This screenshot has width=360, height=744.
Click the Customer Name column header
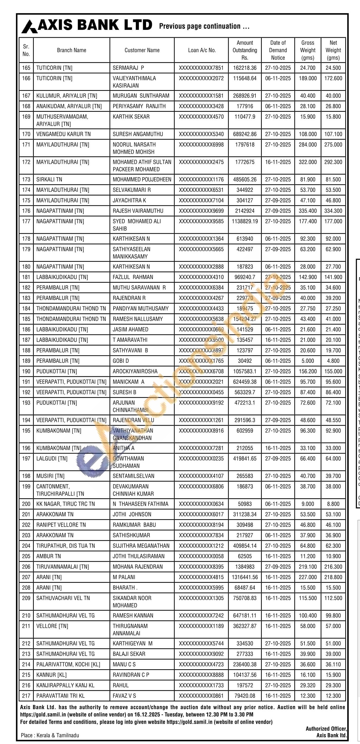coord(142,50)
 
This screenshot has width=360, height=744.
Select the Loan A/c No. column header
coord(202,50)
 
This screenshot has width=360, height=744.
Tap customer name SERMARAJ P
coord(128,68)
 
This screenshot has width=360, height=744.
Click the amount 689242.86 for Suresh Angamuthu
coord(245,134)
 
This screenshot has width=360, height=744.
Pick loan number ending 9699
coord(201,211)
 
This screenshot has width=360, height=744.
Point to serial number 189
coord(26,361)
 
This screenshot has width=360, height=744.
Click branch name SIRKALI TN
coord(49,179)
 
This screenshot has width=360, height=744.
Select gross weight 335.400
coord(307,211)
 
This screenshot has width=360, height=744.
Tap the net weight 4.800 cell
coord(333,361)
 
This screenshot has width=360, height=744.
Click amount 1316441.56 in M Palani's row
coord(245,577)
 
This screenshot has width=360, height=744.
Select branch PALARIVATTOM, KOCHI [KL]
coord(68,664)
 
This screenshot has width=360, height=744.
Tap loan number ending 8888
coord(201,675)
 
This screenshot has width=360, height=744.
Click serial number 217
coord(26,695)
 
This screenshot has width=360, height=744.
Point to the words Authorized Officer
coord(326,729)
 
